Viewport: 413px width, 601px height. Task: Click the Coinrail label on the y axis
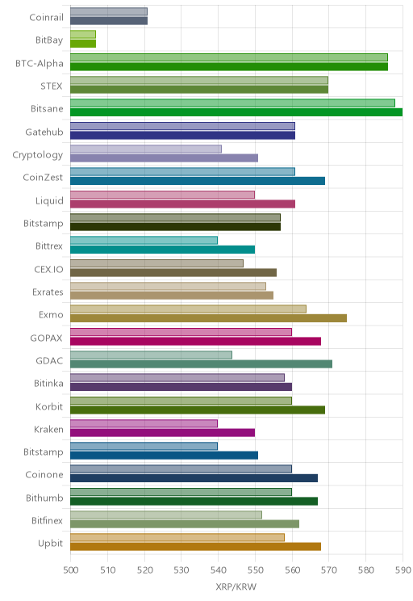[46, 17]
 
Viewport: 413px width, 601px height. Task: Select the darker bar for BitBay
[83, 44]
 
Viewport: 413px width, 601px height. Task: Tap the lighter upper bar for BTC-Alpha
[229, 57]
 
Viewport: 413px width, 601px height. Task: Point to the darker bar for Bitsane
[236, 112]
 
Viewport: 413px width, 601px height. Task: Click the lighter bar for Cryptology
[146, 149]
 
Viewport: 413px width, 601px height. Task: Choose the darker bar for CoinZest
[198, 181]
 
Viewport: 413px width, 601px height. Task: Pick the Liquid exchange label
[49, 200]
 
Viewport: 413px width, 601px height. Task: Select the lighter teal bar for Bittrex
[144, 241]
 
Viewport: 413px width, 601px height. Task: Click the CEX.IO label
[48, 269]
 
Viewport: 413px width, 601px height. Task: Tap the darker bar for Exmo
[209, 318]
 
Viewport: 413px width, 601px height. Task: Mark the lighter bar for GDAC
[151, 355]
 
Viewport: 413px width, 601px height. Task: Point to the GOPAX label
[46, 338]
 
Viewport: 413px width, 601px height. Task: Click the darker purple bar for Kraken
[163, 433]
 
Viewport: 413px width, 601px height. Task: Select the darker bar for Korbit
[198, 410]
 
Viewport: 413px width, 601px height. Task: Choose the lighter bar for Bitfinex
[166, 515]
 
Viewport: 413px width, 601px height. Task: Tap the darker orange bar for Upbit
[195, 547]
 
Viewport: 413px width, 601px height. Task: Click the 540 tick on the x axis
[218, 570]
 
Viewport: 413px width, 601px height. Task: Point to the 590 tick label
[403, 570]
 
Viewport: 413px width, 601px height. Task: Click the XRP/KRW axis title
[236, 586]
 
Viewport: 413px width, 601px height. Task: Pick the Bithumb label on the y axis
[44, 498]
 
